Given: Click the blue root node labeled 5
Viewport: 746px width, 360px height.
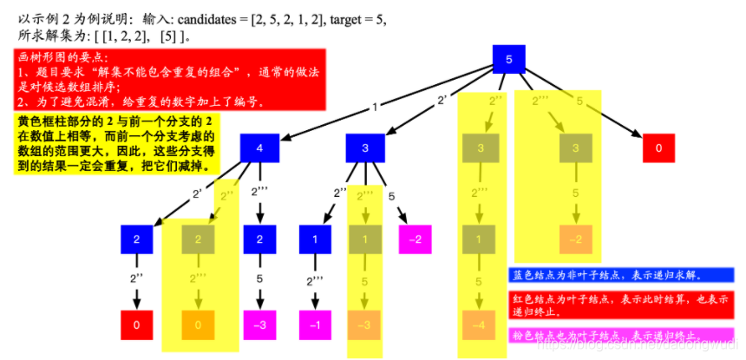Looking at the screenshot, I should coord(508,59).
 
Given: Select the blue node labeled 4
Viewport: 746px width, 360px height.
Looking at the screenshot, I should coord(258,148).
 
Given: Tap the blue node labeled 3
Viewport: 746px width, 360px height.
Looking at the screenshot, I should coord(363,148).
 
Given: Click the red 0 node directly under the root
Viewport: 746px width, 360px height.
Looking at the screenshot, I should coord(658,148).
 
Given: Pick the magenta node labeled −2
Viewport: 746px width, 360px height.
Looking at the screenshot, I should coord(416,239).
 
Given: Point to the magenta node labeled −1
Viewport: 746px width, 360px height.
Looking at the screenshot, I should coord(316,325).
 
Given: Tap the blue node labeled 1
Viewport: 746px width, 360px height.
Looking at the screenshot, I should coord(316,239).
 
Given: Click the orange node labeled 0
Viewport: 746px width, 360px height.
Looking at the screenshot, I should coord(198,325).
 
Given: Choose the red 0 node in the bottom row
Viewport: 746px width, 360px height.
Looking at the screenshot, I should coord(137,325).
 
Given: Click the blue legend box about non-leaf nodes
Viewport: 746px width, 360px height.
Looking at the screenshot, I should coord(620,275).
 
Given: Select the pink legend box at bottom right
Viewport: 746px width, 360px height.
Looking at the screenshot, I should coord(620,335).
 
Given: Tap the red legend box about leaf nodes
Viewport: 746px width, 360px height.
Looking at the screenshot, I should coord(620,304).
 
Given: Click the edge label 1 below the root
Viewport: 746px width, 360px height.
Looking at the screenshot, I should coord(374,107).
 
